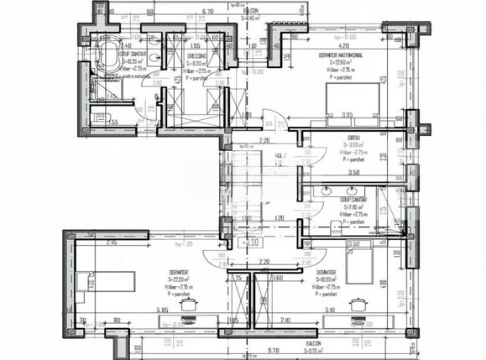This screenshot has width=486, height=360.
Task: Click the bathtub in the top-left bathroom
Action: tap(108, 63)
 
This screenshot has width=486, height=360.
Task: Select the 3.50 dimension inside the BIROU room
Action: tap(354, 173)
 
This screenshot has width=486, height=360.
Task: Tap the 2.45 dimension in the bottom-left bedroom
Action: tap(112, 243)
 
